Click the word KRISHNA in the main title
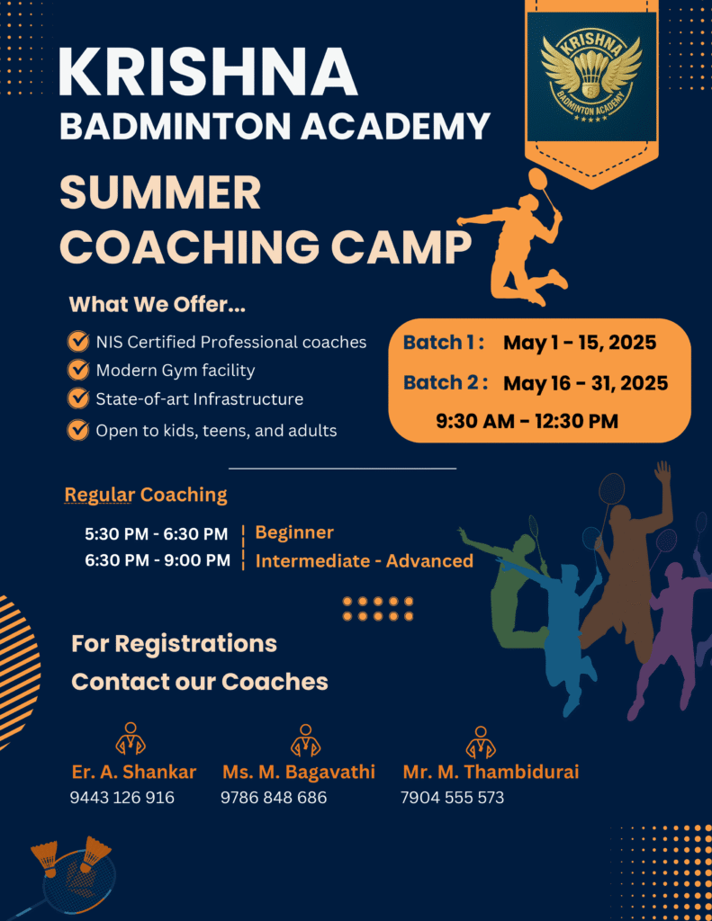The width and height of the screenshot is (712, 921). coord(208,72)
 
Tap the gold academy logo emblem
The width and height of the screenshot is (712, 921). coord(590,77)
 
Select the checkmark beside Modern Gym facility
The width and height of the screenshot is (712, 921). coord(77,370)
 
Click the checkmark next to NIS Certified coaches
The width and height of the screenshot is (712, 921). coord(77,341)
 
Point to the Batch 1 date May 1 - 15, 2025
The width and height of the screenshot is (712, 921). coord(580,343)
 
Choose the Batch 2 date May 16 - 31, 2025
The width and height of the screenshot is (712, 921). coord(586,383)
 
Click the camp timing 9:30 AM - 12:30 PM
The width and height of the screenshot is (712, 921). coord(527,421)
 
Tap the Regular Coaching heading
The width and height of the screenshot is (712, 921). coord(146,495)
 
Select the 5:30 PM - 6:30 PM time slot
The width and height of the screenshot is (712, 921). coord(157,534)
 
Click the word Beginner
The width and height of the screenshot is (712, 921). coord(294,532)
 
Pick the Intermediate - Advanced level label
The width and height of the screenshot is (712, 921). coord(365,561)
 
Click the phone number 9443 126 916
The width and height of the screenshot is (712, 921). coord(122,798)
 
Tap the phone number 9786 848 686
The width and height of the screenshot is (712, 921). coord(274,798)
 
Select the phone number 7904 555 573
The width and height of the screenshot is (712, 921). coord(452,798)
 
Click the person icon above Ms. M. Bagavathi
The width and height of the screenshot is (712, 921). coord(305,740)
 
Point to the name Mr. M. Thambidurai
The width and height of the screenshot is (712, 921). coord(491,771)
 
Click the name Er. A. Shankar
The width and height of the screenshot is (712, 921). coord(134,771)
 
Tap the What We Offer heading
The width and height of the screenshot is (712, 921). coord(157,304)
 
